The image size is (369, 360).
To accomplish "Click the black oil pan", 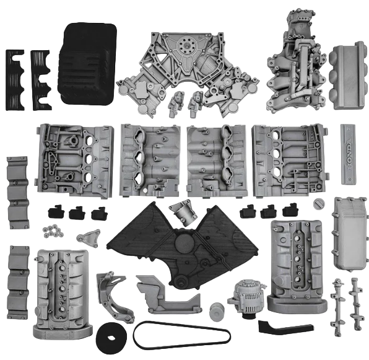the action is coord(87,64).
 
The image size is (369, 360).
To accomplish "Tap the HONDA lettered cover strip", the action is coord(349,154).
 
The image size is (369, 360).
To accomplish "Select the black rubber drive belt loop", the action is coord(181,335).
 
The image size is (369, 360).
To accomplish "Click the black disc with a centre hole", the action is coord(111,338).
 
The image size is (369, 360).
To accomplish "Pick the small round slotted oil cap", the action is coord(319,203).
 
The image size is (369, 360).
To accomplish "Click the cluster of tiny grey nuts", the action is coord(53,230).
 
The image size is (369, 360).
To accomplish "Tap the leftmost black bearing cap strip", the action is coord(15,80).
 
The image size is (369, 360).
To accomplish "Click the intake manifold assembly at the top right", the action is coord(297,62).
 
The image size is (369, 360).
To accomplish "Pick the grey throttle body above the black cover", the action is coord(183,213).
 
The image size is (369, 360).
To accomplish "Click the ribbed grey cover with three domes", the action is coord(349,76).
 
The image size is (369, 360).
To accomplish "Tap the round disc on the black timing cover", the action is coord(184,244).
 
